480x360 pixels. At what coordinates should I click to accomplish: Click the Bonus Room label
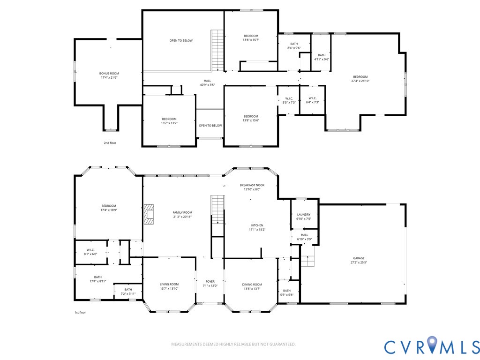click(x=109, y=74)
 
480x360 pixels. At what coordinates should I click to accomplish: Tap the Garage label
click(x=359, y=258)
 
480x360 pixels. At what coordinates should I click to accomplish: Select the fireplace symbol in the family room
click(x=149, y=215)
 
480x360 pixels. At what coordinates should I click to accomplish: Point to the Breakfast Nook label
click(x=252, y=185)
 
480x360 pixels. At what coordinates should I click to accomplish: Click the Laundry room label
click(x=304, y=215)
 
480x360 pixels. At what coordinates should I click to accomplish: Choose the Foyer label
click(x=210, y=282)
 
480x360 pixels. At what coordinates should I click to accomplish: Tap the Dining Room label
click(x=252, y=285)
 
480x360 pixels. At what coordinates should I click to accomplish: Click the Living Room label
click(x=169, y=285)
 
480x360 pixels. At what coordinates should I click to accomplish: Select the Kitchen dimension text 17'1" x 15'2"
click(x=257, y=230)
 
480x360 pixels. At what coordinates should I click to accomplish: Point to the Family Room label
click(x=182, y=212)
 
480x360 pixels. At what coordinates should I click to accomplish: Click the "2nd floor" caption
click(x=110, y=143)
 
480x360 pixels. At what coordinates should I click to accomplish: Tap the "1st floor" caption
click(x=80, y=313)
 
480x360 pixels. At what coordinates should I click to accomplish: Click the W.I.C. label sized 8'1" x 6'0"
click(x=90, y=250)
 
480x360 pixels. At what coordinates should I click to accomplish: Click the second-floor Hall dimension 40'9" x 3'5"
click(x=208, y=85)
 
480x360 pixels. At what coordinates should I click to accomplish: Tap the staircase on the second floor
click(x=217, y=51)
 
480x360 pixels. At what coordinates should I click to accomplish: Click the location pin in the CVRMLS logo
click(x=432, y=344)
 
